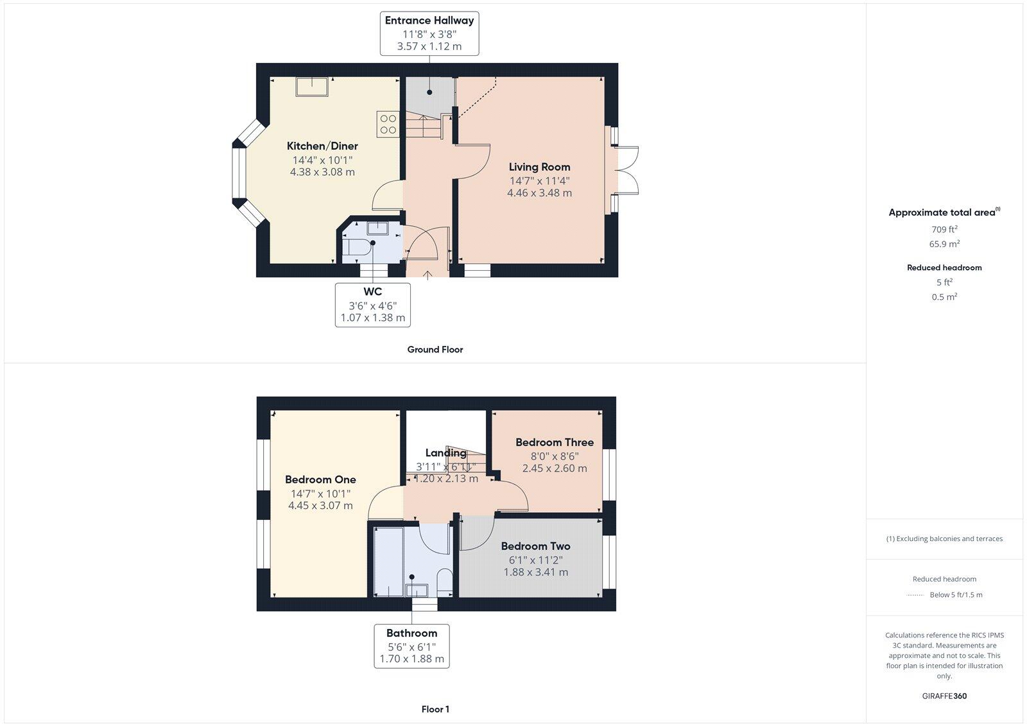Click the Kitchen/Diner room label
(x=322, y=146)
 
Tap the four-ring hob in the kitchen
(x=387, y=124)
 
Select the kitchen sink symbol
(x=312, y=87)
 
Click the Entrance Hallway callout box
(x=429, y=33)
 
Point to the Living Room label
(x=539, y=167)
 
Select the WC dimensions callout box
(x=372, y=305)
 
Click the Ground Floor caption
(x=435, y=350)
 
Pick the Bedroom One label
(x=320, y=479)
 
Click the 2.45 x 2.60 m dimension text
(x=554, y=469)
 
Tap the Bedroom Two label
(x=535, y=546)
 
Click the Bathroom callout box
(x=411, y=646)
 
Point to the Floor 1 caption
(x=435, y=709)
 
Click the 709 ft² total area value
(x=944, y=229)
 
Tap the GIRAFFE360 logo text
(x=944, y=696)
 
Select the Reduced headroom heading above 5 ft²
(x=944, y=268)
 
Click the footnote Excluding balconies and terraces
(x=944, y=539)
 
